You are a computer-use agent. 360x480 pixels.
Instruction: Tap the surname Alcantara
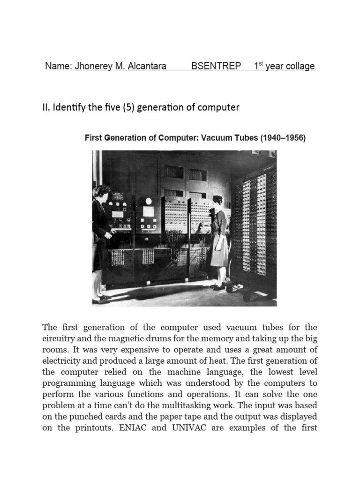click(146, 66)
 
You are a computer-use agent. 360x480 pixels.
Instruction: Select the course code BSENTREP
click(216, 66)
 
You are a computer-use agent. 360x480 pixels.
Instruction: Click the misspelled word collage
click(300, 66)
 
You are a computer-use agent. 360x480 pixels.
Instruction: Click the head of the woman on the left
click(102, 191)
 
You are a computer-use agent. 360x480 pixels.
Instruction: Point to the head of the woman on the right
click(217, 201)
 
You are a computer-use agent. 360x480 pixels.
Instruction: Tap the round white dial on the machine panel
click(149, 201)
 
